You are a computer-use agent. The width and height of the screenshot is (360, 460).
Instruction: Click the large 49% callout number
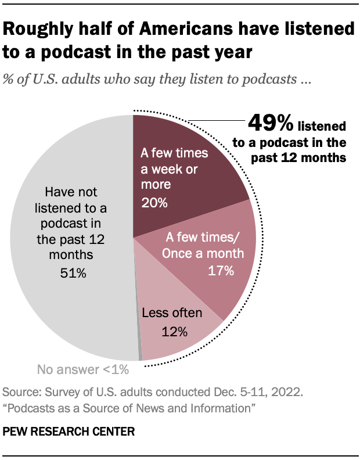point(271,124)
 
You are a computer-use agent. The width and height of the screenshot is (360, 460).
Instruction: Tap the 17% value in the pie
point(222,270)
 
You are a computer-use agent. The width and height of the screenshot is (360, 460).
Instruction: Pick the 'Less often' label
point(172,314)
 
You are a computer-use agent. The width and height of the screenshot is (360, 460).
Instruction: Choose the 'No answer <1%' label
point(82,369)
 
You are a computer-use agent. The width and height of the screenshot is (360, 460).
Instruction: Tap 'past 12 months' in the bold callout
point(298,157)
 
